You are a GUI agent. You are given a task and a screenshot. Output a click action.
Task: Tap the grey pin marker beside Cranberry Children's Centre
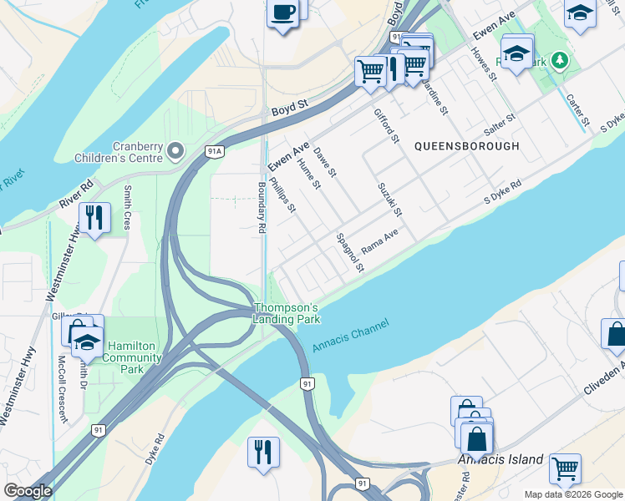(175, 151)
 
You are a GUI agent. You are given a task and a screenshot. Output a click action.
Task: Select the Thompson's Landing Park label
(287, 313)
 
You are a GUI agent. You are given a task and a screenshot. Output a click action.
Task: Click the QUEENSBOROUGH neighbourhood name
(467, 146)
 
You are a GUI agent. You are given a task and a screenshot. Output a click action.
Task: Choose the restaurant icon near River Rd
(94, 219)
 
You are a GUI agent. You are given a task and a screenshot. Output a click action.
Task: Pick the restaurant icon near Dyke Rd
(263, 452)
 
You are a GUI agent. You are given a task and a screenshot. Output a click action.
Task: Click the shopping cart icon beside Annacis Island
(565, 468)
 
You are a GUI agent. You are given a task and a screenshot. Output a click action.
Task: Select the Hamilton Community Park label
(129, 357)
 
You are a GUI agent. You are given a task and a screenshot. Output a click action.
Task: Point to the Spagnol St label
(350, 253)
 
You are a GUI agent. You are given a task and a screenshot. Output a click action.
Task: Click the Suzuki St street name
(390, 199)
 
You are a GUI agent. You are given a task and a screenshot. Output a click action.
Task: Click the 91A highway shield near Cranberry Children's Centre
(215, 151)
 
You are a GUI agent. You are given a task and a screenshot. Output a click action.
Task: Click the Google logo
(28, 491)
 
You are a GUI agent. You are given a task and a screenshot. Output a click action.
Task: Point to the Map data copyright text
(573, 494)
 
